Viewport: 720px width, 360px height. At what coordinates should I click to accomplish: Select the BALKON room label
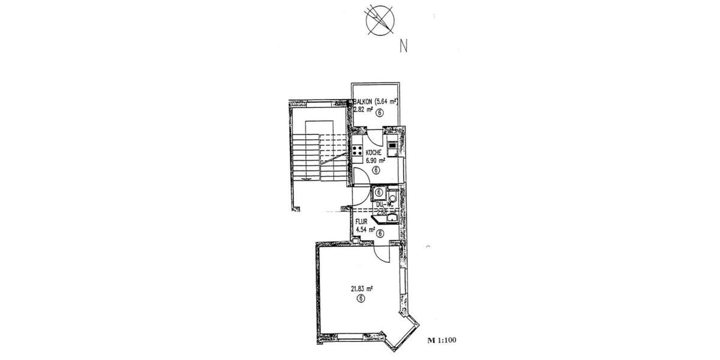coord(364,102)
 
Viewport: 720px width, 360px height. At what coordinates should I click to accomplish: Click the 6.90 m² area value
coord(375,161)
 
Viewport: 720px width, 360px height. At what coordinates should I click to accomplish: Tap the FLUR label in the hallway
coord(361,221)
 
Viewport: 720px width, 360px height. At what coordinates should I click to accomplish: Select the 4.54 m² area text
coord(365,229)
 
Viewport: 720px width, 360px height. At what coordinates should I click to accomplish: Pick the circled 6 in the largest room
coord(361,298)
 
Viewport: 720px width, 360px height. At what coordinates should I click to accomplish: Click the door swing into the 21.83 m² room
coord(382,254)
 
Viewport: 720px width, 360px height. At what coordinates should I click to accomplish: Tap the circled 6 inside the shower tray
coord(379,193)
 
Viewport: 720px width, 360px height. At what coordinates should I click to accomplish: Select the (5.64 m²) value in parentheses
coord(386,102)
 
